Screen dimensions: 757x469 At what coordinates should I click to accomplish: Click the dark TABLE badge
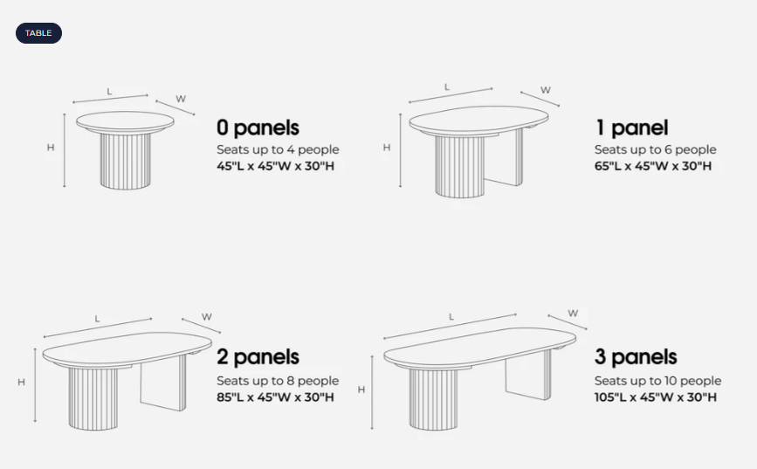[x=38, y=33]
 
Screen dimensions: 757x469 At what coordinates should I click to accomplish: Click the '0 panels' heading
[x=258, y=128]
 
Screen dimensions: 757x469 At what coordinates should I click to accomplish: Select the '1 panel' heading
[x=632, y=128]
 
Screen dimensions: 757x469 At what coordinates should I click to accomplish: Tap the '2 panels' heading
[x=258, y=357]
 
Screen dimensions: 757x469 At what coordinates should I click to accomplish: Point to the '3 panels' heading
[x=636, y=357]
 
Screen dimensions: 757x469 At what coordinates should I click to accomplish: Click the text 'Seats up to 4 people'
[x=278, y=149]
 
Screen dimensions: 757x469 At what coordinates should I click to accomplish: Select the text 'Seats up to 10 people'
[x=657, y=381]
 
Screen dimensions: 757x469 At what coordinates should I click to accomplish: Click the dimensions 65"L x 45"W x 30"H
[x=653, y=166]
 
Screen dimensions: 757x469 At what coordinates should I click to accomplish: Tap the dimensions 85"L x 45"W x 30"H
[x=275, y=397]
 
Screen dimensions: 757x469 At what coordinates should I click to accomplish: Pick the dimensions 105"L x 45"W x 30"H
[x=655, y=397]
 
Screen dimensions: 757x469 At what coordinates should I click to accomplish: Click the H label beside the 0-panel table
[x=51, y=148]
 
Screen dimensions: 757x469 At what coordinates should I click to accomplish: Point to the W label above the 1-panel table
[x=546, y=90]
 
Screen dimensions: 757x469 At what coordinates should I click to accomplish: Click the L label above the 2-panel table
[x=97, y=319]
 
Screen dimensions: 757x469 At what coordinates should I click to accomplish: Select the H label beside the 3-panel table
[x=361, y=390]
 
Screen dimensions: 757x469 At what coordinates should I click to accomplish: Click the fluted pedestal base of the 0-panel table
[x=126, y=161]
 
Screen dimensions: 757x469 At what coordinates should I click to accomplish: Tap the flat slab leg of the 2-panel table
[x=163, y=384]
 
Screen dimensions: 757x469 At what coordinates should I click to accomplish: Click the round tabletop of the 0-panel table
[x=125, y=121]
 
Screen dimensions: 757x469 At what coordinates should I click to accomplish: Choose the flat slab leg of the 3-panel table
[x=528, y=376]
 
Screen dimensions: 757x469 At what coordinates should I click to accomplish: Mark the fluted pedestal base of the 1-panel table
[x=459, y=166]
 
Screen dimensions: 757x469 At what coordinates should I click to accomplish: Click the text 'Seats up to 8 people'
[x=278, y=381]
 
